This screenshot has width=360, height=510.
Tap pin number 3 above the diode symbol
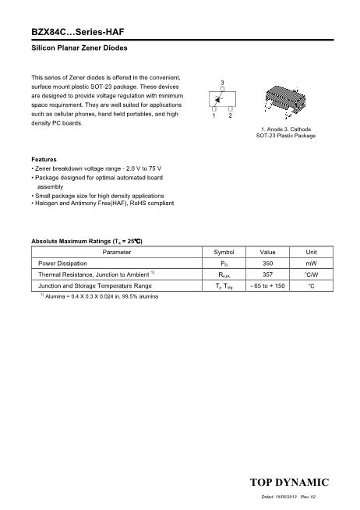[223, 82]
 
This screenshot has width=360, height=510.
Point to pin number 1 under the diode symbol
[214, 115]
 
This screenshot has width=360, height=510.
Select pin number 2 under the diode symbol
[231, 115]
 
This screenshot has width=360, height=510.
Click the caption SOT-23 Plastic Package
[285, 136]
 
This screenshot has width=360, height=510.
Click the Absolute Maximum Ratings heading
[86, 241]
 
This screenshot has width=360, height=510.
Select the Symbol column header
[224, 253]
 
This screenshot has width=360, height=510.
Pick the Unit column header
[311, 253]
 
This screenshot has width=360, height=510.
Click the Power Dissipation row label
[62, 264]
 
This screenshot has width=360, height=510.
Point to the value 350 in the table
[267, 264]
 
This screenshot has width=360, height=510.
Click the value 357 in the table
[267, 274]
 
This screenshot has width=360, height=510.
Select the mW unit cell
[311, 264]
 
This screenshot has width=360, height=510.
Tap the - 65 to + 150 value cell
[267, 286]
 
